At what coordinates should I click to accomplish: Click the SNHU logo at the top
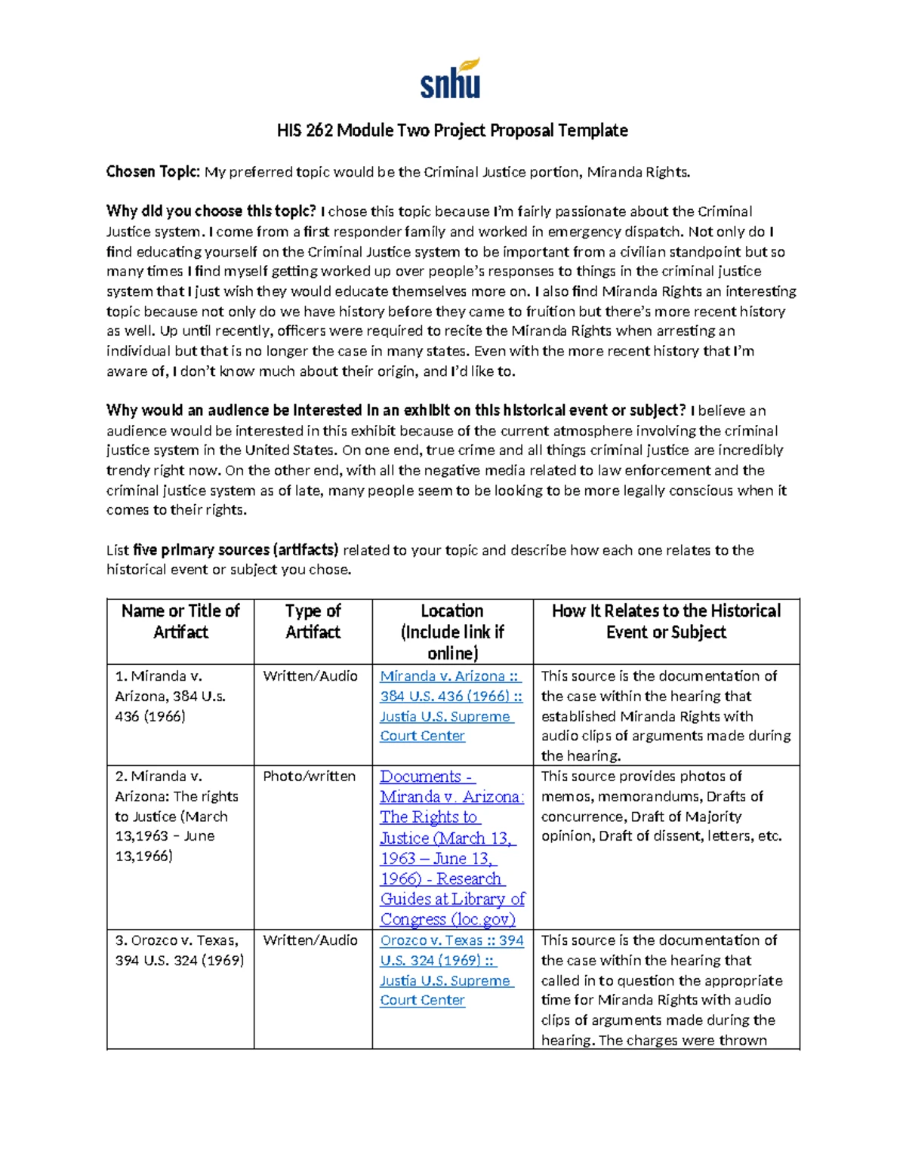pos(451,78)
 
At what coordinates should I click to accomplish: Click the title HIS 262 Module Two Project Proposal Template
pos(452,131)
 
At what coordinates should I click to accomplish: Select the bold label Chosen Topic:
pos(153,172)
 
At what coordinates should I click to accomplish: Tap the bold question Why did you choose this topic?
pos(211,211)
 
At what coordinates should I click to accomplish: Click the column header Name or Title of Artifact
pos(180,622)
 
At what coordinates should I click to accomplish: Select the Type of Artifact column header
pos(313,622)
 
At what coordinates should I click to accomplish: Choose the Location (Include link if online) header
pos(452,632)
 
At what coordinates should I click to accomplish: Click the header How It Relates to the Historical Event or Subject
pos(666,622)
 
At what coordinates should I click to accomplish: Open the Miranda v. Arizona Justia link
pos(451,706)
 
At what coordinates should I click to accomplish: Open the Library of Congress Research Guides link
pos(451,847)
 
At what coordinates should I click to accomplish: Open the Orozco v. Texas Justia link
pos(451,970)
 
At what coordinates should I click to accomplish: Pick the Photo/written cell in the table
pos(309,777)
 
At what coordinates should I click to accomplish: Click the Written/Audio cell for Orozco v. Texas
pos(310,940)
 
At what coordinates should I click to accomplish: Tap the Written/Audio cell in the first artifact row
pos(310,676)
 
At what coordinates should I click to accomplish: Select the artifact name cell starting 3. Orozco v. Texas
pos(179,950)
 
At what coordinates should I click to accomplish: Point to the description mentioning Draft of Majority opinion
pos(661,806)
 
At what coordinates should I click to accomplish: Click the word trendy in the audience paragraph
pos(129,470)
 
